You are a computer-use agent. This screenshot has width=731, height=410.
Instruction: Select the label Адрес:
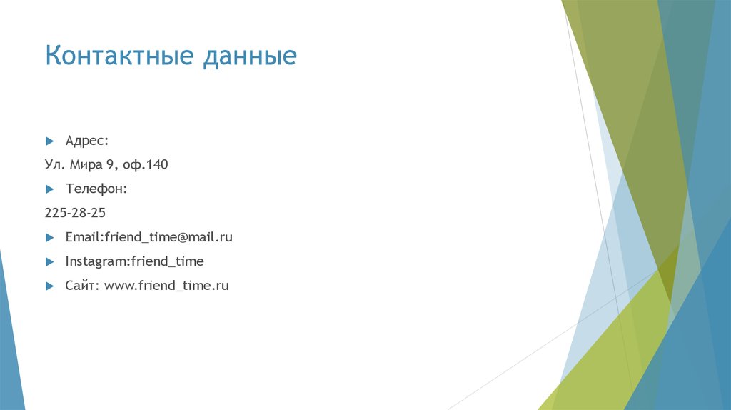pos(87,141)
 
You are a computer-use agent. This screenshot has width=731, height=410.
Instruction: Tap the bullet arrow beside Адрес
pos(49,141)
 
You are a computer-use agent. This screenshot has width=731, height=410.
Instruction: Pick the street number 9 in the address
pos(111,165)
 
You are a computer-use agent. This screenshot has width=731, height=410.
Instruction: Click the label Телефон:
pos(96,189)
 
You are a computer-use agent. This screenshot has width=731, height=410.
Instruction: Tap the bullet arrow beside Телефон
pos(49,189)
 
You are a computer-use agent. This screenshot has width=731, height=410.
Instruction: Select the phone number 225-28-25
pos(75,213)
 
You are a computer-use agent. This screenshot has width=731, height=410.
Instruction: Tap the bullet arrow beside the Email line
pos(49,237)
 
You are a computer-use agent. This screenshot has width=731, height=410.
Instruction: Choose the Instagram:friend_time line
pos(134,261)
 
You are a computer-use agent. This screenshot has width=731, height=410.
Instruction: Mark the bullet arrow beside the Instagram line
pos(49,261)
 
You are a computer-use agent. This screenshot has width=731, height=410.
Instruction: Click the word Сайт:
pos(82,286)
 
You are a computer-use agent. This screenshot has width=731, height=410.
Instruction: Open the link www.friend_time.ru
pos(166,286)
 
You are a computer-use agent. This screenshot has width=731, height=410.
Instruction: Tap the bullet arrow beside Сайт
pos(49,286)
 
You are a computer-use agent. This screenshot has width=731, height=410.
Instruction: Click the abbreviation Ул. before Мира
pos(54,165)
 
